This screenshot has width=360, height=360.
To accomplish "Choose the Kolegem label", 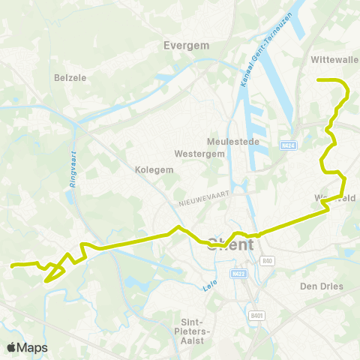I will (154, 169).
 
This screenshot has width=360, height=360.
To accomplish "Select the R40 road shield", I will (268, 260).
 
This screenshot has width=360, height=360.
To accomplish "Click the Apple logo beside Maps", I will (12, 347).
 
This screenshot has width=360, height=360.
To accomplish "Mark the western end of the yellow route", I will (11, 265).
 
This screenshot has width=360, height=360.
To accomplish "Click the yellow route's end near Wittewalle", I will (319, 79).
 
